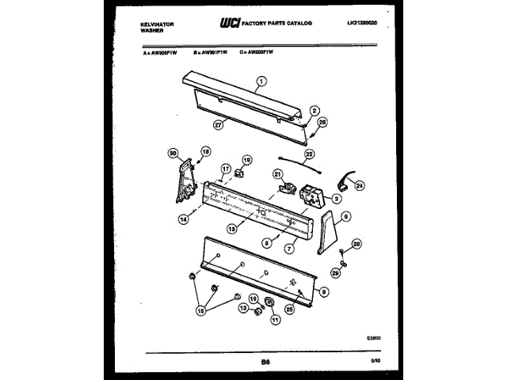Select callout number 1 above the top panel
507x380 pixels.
coord(262,79)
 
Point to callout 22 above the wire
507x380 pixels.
coord(310,154)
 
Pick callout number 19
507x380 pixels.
coord(246,159)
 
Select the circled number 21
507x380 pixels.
coord(277,174)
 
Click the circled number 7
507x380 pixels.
coord(290,249)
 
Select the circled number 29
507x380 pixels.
coord(335,273)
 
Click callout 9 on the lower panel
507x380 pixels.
coord(324,292)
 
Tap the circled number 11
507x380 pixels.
coord(276,320)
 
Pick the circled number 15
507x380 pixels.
coord(200,312)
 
